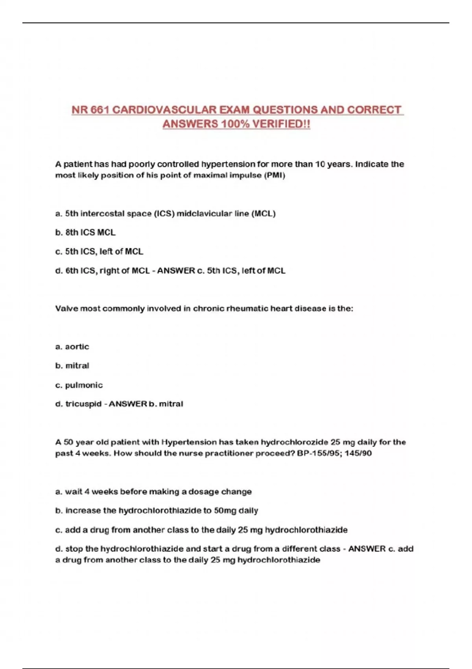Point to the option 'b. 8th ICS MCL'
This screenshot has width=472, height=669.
pyautogui.click(x=85, y=233)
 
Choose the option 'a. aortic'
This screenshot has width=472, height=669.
pyautogui.click(x=72, y=347)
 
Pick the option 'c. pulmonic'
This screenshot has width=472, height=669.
pyautogui.click(x=79, y=385)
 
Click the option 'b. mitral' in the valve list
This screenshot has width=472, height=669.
pyautogui.click(x=72, y=366)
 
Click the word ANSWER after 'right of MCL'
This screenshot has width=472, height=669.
pyautogui.click(x=176, y=271)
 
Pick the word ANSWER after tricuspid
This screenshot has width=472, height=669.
pyautogui.click(x=128, y=404)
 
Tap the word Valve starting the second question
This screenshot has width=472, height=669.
pyautogui.click(x=66, y=309)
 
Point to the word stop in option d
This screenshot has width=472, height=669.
pyautogui.click(x=74, y=549)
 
